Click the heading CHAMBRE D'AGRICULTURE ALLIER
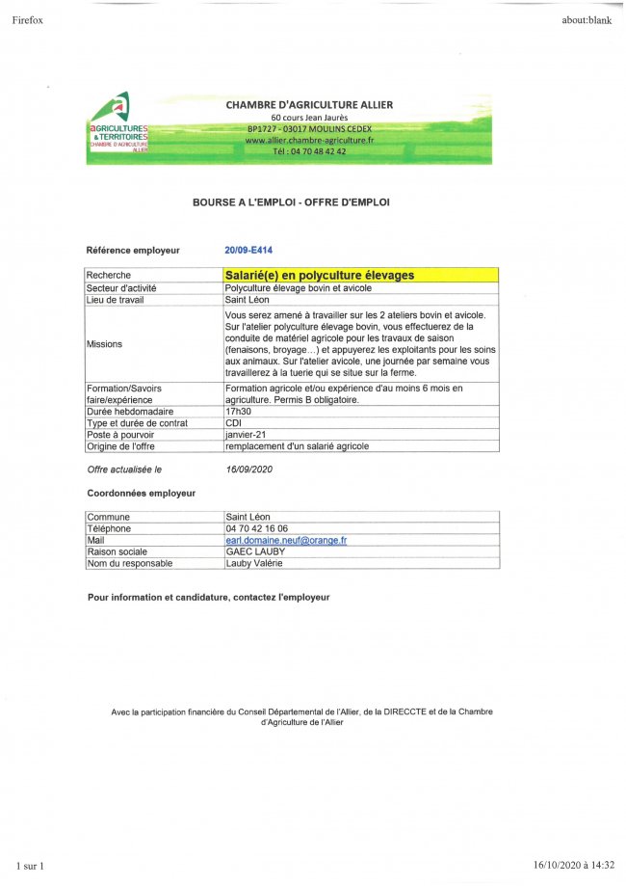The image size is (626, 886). coord(309,105)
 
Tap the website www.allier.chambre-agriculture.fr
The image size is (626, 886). coord(309,140)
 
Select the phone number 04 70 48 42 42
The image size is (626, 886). coord(309,151)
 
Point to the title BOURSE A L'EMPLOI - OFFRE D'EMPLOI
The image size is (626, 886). coord(292,202)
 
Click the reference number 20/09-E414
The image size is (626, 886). coord(248,251)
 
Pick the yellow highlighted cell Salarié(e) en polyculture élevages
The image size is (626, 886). coord(320,276)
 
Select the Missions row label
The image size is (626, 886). coord(105,343)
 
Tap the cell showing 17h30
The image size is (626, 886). coord(237,412)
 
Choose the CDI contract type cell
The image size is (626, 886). coord(232,423)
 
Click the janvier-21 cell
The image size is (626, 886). coord(244,435)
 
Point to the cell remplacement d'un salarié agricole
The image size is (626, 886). coord(297,446)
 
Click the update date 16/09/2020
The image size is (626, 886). coord(249,469)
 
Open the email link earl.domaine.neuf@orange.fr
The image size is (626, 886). coord(285,540)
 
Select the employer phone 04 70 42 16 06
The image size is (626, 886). coord(256,528)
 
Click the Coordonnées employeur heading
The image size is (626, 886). coord(142,493)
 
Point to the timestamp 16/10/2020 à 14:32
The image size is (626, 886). coord(574,865)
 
